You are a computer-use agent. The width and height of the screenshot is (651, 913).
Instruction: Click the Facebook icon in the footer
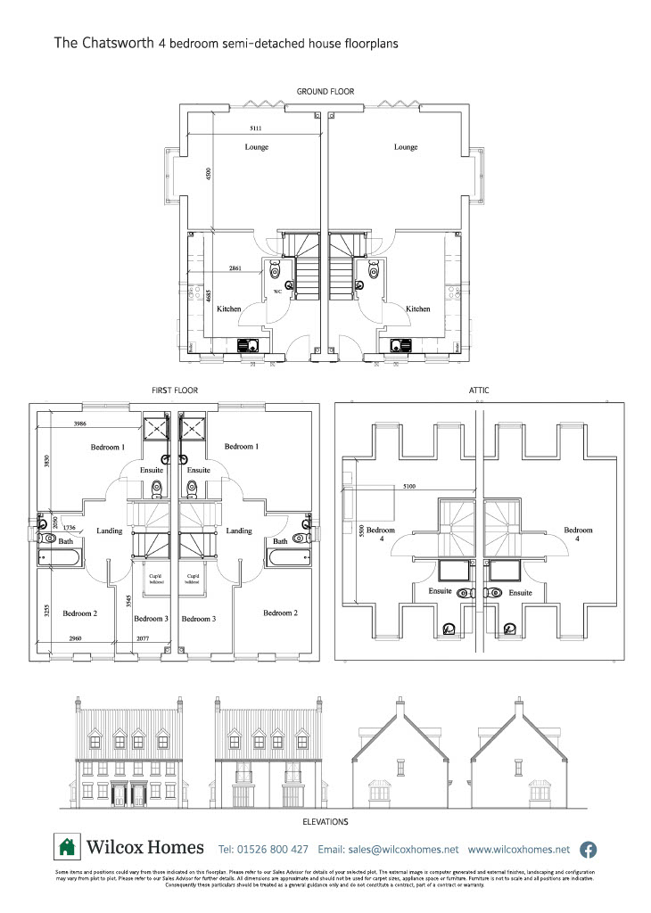point(589,849)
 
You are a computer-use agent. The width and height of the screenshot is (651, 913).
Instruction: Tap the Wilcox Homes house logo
point(67,847)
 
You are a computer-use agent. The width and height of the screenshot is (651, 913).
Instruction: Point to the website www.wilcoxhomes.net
point(518,849)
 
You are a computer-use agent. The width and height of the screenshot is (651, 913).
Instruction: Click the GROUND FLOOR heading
point(325,91)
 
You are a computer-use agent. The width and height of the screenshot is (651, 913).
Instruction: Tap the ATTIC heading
point(478,391)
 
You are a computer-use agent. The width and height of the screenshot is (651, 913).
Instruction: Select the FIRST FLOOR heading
point(176,391)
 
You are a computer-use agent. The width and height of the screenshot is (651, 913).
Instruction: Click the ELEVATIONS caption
point(325,821)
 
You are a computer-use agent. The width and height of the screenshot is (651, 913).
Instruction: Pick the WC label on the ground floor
point(277,292)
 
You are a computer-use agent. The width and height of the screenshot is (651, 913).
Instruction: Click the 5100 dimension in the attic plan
point(409,486)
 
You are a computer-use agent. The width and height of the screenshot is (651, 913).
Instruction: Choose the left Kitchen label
point(229,308)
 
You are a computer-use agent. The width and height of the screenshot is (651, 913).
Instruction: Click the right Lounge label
point(406,147)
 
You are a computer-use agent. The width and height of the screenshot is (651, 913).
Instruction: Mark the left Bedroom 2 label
point(79,613)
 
